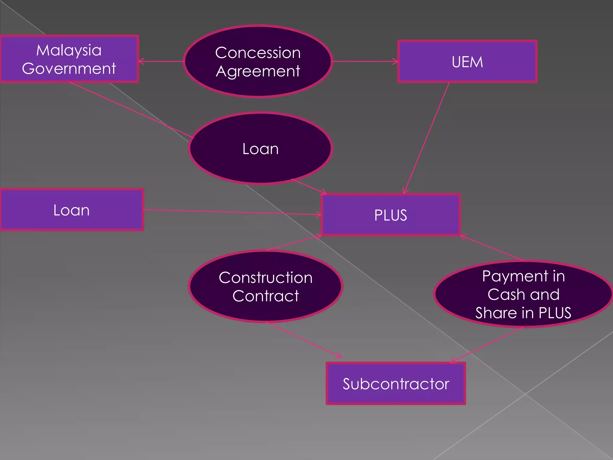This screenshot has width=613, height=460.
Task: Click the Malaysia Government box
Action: pos(69,59)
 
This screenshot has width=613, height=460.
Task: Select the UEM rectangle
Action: pos(467,62)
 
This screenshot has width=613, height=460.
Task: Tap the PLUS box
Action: pos(391,215)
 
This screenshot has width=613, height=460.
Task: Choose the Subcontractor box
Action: pos(396,384)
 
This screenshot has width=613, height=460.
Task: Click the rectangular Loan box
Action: pos(72,210)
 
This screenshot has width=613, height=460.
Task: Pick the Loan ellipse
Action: pos(260,149)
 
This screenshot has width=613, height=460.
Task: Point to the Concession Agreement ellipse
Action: pos(258,62)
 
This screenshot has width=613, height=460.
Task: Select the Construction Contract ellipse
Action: pos(265,287)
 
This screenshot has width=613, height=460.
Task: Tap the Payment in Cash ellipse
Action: pos(523,294)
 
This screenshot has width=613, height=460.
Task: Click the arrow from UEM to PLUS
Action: pos(427,138)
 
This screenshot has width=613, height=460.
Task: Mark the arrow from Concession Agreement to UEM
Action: pos(365,61)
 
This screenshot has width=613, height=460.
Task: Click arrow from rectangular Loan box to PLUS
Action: pos(232,212)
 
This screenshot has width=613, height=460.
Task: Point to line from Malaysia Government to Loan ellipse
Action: pos(132,110)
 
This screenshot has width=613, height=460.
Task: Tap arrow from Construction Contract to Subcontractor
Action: pos(304,340)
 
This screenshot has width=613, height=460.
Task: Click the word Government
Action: pos(69,69)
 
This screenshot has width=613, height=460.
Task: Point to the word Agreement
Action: pos(258,71)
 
